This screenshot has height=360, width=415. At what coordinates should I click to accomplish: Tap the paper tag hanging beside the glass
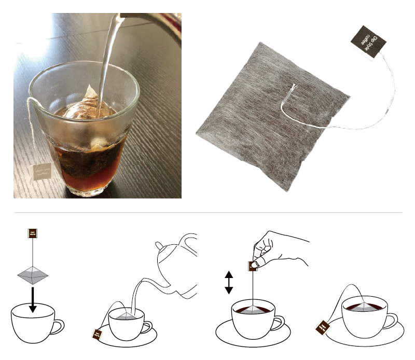(41, 171)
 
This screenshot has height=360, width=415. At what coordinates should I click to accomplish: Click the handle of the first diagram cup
(58, 326)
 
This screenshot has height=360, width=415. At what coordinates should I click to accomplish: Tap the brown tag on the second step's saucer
(97, 335)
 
